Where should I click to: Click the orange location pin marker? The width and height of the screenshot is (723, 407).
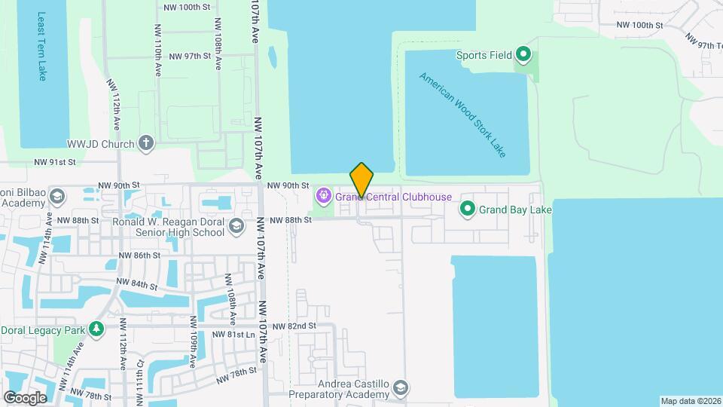[361, 179]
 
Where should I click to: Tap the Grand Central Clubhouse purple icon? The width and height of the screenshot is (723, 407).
[324, 197]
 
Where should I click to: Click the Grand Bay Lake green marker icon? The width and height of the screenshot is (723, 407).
[467, 208]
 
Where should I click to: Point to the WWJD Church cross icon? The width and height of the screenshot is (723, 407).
[146, 143]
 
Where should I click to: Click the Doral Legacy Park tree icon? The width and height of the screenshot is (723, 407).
[96, 330]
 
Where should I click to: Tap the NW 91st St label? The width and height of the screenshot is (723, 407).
[55, 161]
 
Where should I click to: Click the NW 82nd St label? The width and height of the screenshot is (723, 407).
[294, 326]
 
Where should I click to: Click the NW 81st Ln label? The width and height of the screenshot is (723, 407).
[230, 334]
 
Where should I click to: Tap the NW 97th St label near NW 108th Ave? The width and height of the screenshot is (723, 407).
[188, 57]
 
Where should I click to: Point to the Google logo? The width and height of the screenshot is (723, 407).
[25, 397]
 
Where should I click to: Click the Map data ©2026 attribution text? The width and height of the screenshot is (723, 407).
[691, 401]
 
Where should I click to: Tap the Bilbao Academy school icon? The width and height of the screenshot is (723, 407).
[56, 197]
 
